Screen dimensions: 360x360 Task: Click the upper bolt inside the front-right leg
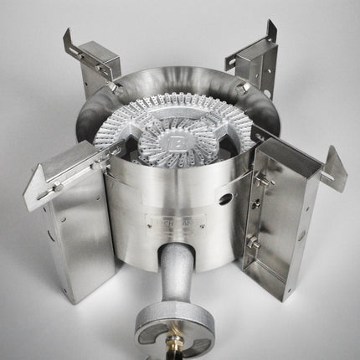[x=261, y=180]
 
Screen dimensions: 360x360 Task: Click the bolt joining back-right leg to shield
[x=240, y=85]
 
